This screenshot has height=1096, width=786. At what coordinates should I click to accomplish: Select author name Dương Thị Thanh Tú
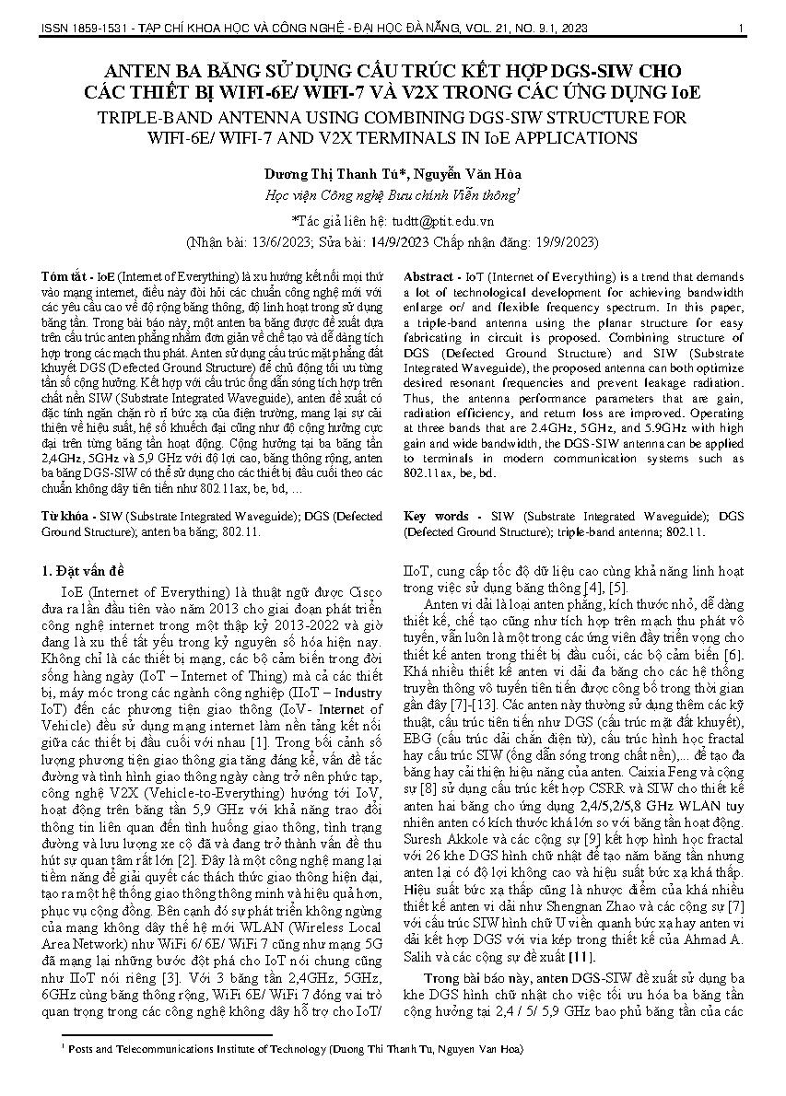(x=324, y=174)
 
